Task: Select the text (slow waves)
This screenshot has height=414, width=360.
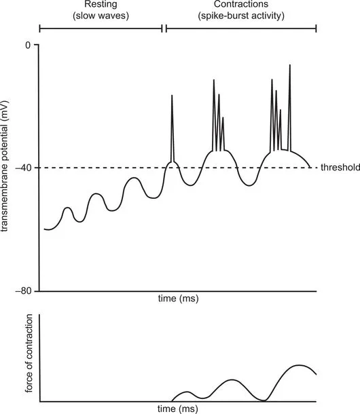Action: pyautogui.click(x=101, y=16)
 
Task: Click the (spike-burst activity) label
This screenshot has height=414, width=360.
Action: pyautogui.click(x=241, y=16)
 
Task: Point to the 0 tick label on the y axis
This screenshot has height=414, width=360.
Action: pyautogui.click(x=28, y=45)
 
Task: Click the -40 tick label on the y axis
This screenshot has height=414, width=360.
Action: pyautogui.click(x=25, y=168)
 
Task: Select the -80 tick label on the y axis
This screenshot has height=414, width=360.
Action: pyautogui.click(x=25, y=290)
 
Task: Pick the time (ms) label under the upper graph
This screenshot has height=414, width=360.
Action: pyautogui.click(x=178, y=298)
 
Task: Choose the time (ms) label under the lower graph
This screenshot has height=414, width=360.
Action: pyautogui.click(x=178, y=409)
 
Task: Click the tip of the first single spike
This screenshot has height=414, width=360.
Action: pyautogui.click(x=172, y=96)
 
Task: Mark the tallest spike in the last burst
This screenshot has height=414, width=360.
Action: pyautogui.click(x=290, y=65)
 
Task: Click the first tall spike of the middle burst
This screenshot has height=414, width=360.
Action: pyautogui.click(x=213, y=80)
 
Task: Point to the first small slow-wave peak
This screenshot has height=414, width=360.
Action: pyautogui.click(x=68, y=208)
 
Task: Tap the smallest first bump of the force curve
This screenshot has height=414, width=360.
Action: pyautogui.click(x=188, y=392)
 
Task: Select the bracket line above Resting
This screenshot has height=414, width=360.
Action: pyautogui.click(x=101, y=29)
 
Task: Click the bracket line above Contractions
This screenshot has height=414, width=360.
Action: pyautogui.click(x=241, y=29)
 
